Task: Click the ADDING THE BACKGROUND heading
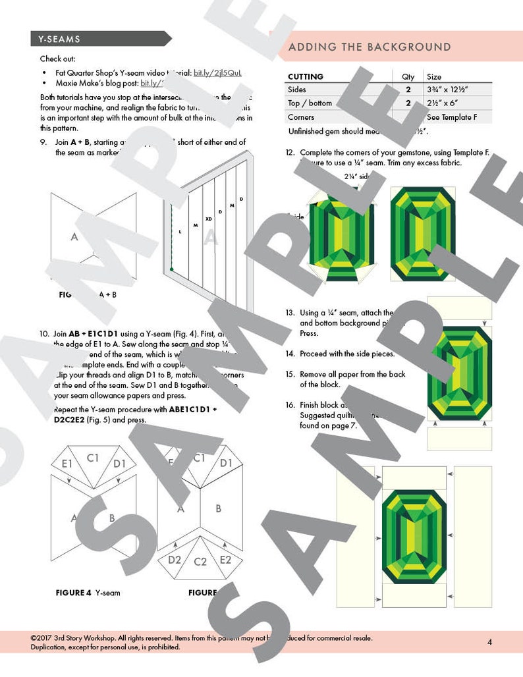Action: coord(370,47)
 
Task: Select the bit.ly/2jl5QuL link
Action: coord(217,72)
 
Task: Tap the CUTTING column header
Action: coord(306,76)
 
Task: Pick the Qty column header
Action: coord(408,76)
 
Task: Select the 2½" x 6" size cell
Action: coord(445,103)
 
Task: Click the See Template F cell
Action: coord(451,117)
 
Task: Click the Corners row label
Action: coord(301,117)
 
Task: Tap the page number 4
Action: coord(489,642)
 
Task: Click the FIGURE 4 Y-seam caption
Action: coord(88,593)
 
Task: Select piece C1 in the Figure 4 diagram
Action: coord(92,456)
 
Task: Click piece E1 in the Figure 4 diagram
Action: coord(67,464)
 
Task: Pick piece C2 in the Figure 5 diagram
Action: coord(201,562)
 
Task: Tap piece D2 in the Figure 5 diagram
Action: coord(175,559)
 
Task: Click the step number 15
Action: coord(290,374)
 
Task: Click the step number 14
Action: coord(290,354)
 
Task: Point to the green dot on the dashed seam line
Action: coord(171,269)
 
